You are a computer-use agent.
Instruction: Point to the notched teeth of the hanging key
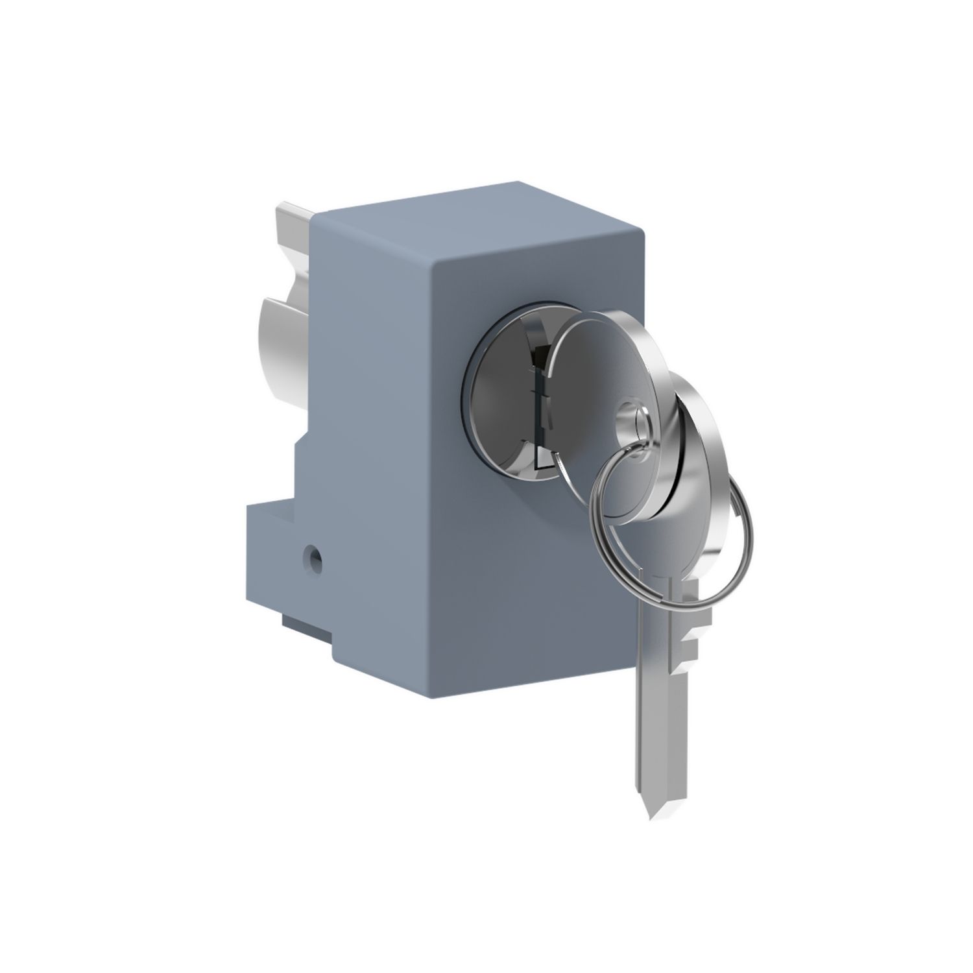(x=688, y=642)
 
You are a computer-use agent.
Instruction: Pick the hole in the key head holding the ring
(x=632, y=415)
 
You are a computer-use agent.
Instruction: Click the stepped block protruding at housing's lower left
(x=279, y=558)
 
